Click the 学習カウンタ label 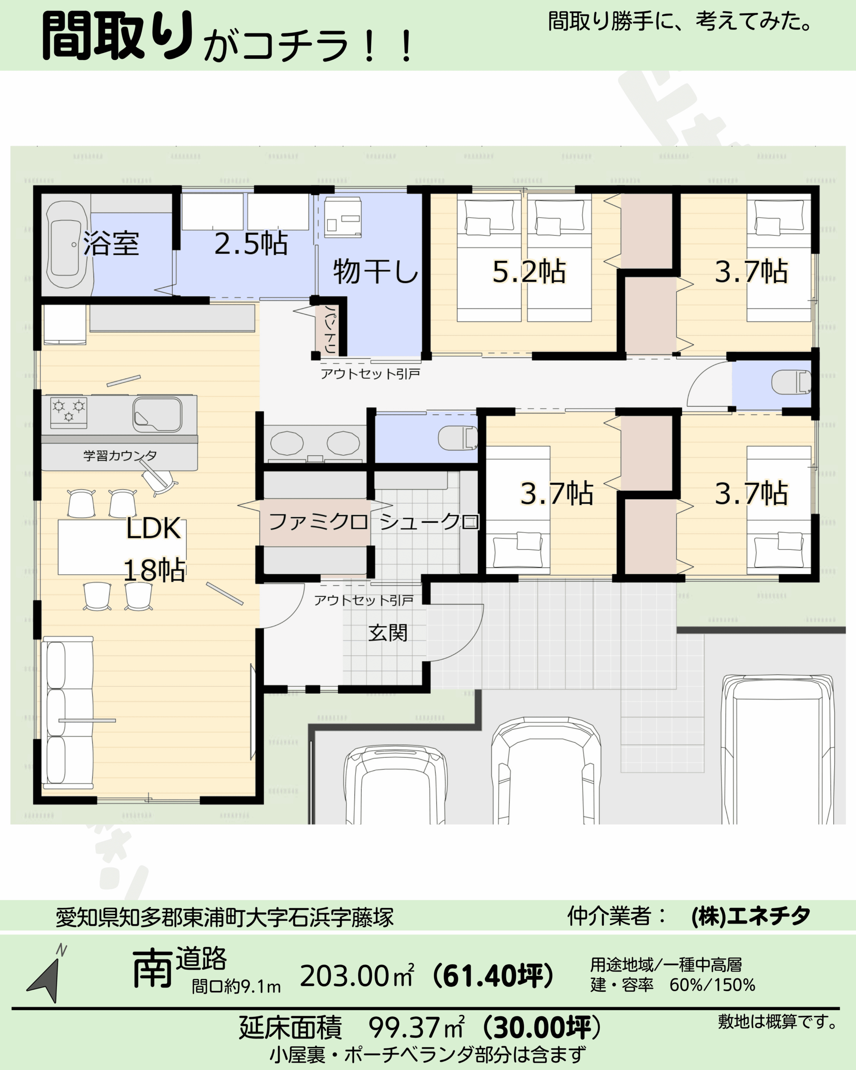point(120,455)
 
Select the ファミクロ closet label point(318,522)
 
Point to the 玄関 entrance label point(388,633)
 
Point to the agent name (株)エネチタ point(751,916)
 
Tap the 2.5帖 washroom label point(251,243)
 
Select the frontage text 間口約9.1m point(236,987)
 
